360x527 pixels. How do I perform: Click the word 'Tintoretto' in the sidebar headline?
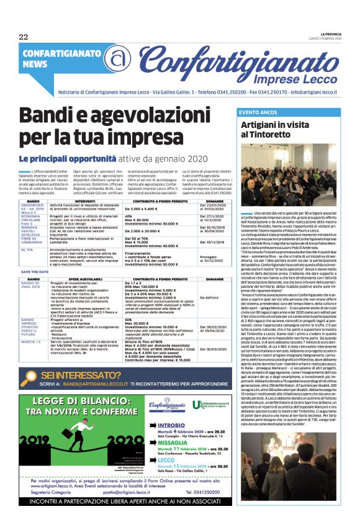point(282,134)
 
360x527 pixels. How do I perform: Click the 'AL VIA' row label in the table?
point(27,250)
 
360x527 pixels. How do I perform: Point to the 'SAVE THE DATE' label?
point(34,272)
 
